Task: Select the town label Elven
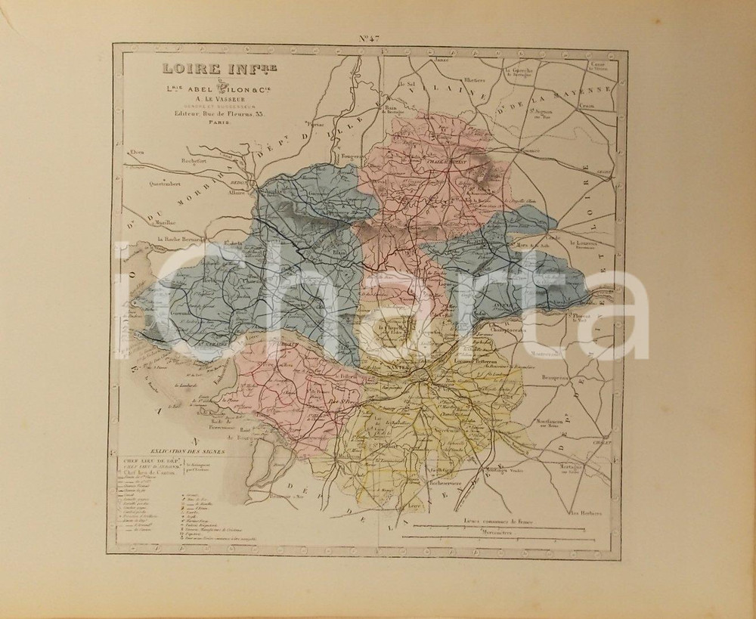136,151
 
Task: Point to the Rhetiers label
475,79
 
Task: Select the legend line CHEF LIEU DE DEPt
149,460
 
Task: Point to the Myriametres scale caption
491,533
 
